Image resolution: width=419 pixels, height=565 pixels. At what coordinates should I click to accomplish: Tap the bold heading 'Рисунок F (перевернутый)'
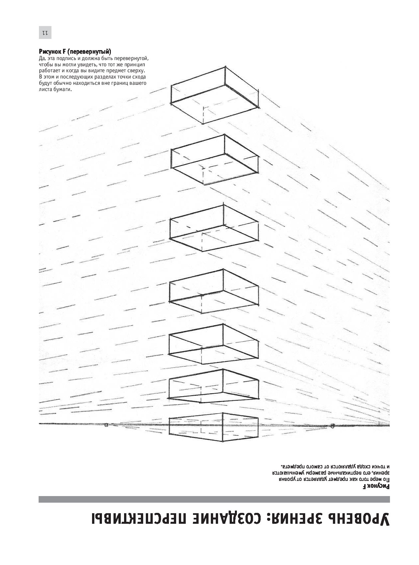click(75, 52)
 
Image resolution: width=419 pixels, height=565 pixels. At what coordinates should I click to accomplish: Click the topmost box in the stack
click(214, 95)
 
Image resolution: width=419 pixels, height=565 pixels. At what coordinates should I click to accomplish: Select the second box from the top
click(214, 160)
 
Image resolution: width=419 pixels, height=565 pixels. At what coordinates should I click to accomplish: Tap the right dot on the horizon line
click(332, 425)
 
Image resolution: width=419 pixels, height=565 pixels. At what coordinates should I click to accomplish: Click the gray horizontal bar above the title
click(214, 499)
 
